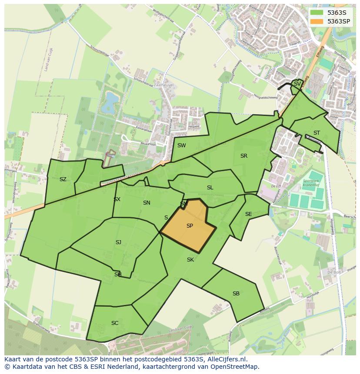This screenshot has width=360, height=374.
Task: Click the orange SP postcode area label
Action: point(190,226)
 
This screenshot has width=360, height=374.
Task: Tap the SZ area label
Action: point(63,179)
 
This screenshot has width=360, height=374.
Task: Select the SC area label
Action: point(115,323)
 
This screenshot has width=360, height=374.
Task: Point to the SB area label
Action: point(236,294)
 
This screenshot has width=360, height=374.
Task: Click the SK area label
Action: point(190,260)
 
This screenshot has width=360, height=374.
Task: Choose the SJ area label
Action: point(118,242)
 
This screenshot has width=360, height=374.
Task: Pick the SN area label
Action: point(147,203)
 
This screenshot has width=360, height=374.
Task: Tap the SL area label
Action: point(210,188)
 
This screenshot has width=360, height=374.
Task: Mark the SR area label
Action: point(244,156)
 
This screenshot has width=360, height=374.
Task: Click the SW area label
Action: point(181,146)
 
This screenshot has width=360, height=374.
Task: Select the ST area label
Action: point(317,133)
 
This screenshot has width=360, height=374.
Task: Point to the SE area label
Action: point(248,214)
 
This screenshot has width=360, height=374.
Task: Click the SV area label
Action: point(297,84)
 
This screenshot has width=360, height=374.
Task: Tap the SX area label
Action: point(117,199)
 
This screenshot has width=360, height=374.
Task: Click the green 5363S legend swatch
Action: point(317,13)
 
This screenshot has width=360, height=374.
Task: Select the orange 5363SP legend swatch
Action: point(317,21)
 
